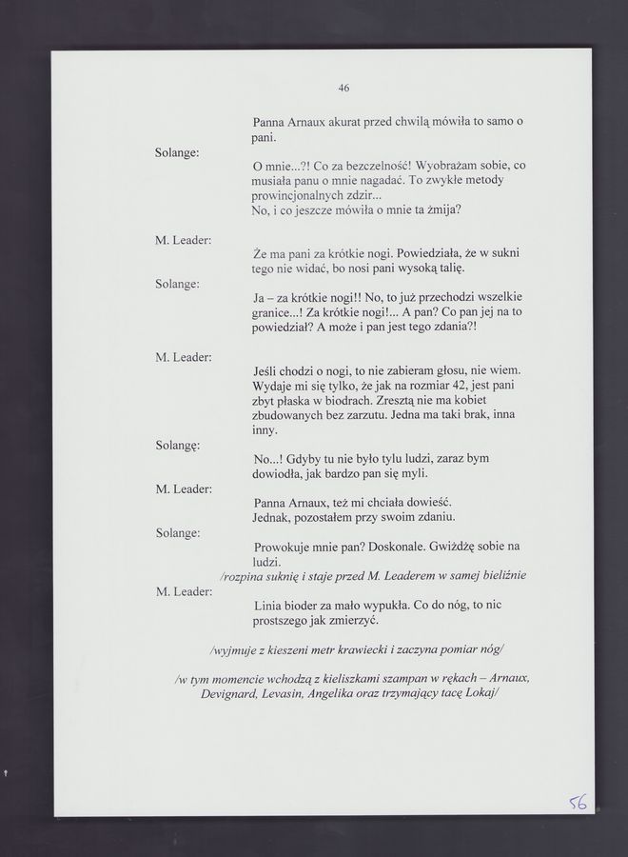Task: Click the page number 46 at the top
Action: tap(343, 89)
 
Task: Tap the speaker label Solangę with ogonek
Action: tap(177, 445)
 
